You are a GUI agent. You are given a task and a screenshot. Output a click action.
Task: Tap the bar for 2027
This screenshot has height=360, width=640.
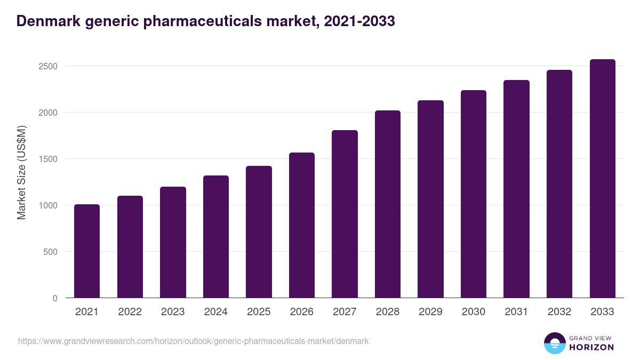[x=345, y=214]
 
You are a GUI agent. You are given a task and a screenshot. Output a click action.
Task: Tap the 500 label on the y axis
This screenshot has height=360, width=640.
[x=51, y=252]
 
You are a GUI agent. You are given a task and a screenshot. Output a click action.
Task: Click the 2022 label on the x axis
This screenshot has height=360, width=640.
[x=130, y=312]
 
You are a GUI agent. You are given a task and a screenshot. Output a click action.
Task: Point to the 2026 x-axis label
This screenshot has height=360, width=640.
[x=302, y=312]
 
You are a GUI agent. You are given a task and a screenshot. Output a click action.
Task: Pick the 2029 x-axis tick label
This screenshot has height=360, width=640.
[x=430, y=312]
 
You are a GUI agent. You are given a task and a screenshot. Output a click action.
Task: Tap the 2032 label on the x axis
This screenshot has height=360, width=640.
[x=559, y=312]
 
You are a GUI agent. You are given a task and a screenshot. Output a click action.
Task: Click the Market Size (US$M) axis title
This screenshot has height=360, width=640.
[x=22, y=172]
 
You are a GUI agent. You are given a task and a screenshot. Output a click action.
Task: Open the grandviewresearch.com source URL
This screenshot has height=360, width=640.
[x=193, y=341]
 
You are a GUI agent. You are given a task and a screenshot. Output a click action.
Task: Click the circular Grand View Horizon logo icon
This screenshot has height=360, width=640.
[x=554, y=343]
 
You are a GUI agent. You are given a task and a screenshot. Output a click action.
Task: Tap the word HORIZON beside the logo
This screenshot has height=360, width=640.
[x=591, y=347]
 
